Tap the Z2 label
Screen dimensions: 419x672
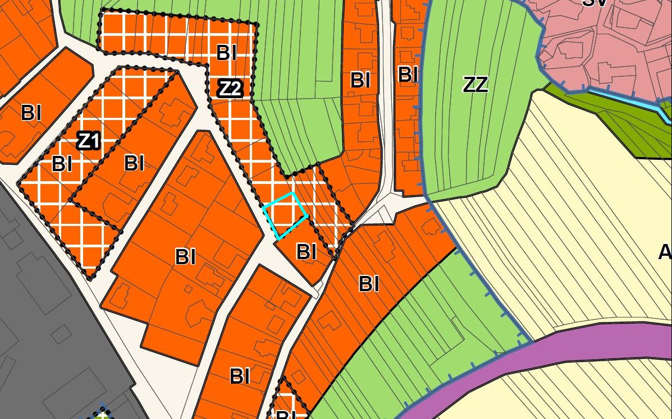pyautogui.click(x=230, y=88)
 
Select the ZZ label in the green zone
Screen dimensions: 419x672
pyautogui.click(x=475, y=85)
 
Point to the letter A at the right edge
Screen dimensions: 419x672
pyautogui.click(x=665, y=252)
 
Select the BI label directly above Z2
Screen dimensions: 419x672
pyautogui.click(x=226, y=53)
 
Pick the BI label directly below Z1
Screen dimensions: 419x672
pyautogui.click(x=62, y=164)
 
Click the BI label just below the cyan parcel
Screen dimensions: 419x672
pyautogui.click(x=306, y=251)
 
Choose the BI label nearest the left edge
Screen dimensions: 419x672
pyautogui.click(x=31, y=113)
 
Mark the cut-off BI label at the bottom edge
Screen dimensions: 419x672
pyautogui.click(x=286, y=415)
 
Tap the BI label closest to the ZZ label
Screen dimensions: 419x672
pyautogui.click(x=408, y=74)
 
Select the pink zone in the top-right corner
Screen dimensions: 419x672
pyautogui.click(x=606, y=45)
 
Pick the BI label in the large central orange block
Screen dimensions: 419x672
pyautogui.click(x=185, y=257)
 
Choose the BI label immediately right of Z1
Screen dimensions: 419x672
pyautogui.click(x=134, y=163)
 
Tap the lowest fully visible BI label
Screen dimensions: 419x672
pyautogui.click(x=240, y=376)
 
